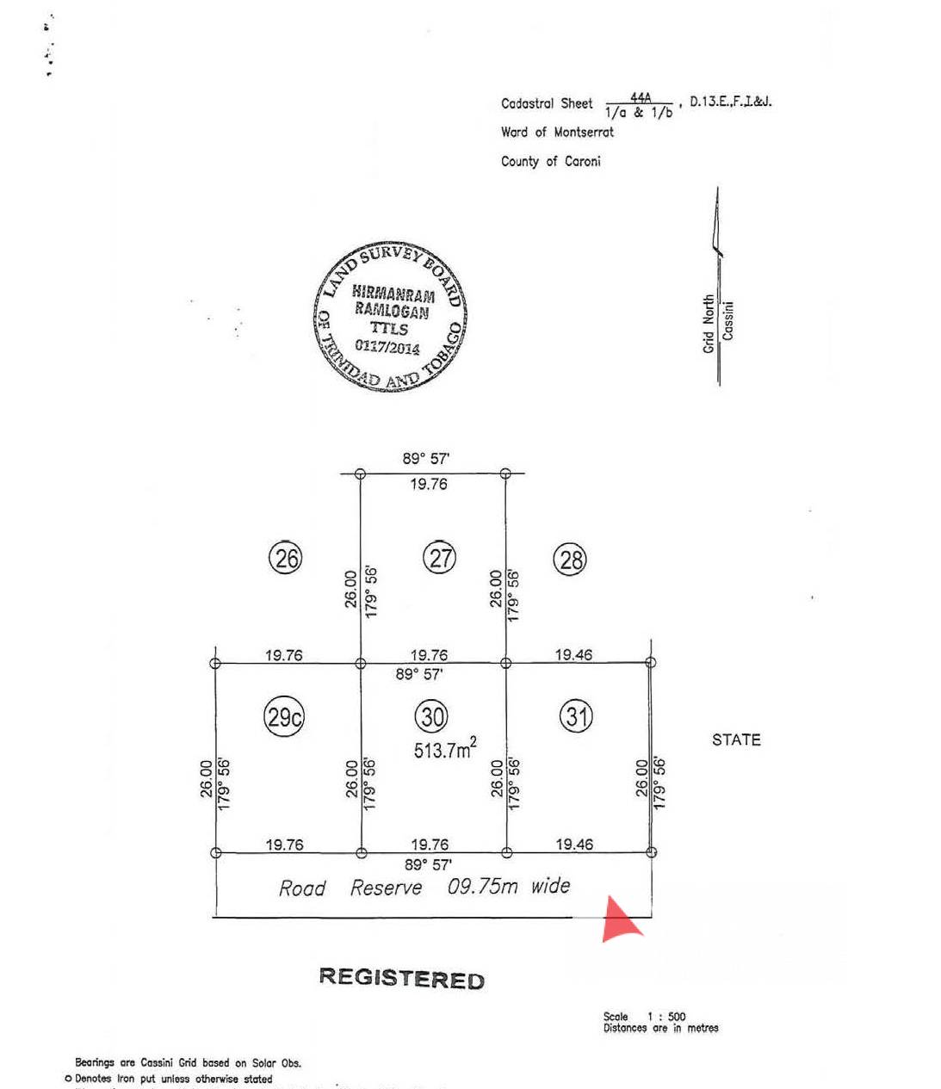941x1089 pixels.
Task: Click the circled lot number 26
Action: [286, 558]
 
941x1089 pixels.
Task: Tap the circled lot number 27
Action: [440, 558]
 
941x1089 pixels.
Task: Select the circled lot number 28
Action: [570, 560]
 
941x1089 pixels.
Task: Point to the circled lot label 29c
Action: [283, 717]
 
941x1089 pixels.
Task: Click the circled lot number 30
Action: [432, 716]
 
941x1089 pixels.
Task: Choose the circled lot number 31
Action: [576, 715]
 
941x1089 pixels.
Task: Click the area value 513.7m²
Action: [444, 749]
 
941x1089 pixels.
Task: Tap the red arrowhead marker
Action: [619, 919]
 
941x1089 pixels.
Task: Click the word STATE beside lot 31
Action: [736, 739]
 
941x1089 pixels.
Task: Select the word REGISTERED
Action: [401, 978]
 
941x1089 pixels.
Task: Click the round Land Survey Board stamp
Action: [389, 316]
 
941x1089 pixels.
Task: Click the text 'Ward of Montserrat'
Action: [557, 132]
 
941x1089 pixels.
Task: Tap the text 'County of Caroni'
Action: [550, 161]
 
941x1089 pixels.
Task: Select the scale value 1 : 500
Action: [666, 1016]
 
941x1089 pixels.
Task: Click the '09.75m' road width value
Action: [482, 887]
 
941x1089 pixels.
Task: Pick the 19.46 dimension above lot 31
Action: [573, 655]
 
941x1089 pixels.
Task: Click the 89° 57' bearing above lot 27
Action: [425, 459]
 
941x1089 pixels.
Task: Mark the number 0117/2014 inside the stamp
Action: [387, 347]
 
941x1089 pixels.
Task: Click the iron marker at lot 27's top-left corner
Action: [360, 473]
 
